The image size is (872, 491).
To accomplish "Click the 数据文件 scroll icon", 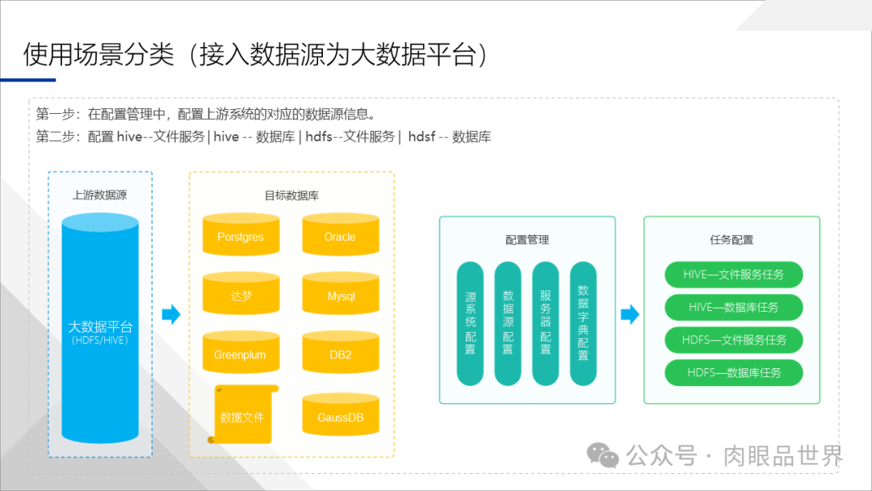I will (x=242, y=414).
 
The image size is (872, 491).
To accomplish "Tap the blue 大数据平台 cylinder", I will (x=100, y=327).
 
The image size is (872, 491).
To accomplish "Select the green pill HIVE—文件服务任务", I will (x=733, y=275).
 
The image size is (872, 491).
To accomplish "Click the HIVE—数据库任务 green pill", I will (x=733, y=308).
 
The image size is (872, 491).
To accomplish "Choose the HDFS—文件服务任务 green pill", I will (x=733, y=340).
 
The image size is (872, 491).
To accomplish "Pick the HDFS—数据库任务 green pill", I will (x=733, y=372).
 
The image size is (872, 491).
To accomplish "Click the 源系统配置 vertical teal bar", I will (x=470, y=323).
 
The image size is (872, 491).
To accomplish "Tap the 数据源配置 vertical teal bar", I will (x=508, y=323).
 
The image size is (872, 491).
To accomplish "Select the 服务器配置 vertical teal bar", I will (x=546, y=323).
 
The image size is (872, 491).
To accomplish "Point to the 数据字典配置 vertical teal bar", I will (x=583, y=323).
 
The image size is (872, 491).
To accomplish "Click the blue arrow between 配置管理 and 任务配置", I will (x=630, y=315).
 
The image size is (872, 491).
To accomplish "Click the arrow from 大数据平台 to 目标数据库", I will (x=171, y=315).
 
